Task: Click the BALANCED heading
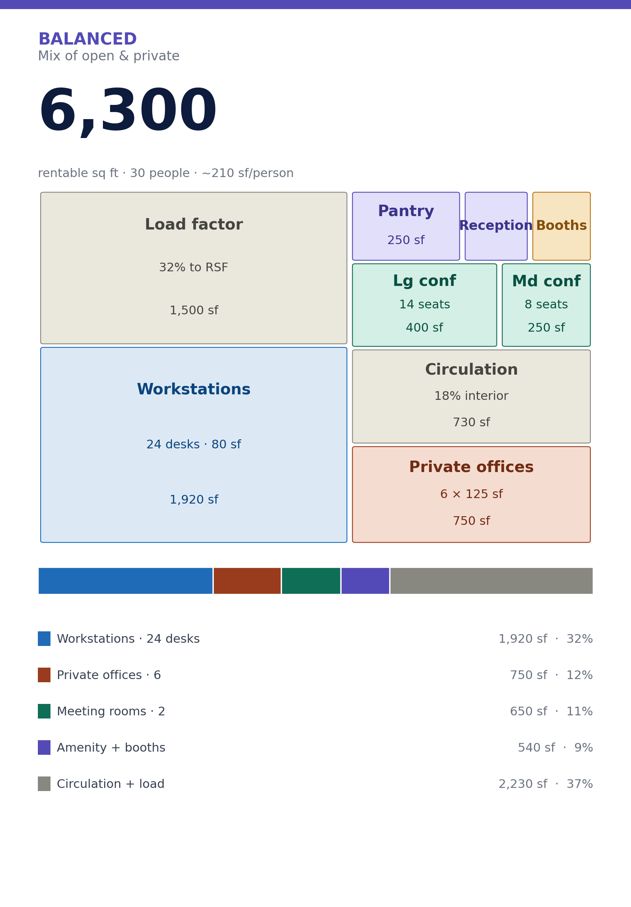87,39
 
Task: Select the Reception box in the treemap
496,226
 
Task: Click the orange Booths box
561,226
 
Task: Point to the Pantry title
406,211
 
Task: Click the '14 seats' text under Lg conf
424,304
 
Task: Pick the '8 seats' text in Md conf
546,304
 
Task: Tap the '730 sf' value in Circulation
471,422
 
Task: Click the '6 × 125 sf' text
471,494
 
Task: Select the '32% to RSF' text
194,267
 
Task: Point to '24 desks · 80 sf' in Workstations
194,444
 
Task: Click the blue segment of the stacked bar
125,581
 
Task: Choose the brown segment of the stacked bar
247,581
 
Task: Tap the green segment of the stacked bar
311,581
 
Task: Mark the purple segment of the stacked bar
365,581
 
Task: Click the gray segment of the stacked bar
491,581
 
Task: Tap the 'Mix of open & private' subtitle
109,56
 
